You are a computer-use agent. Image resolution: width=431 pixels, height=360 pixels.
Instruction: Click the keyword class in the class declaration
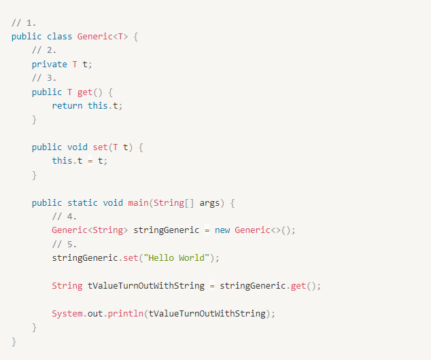[59, 36]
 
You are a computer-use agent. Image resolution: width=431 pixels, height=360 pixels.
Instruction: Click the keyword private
[49, 64]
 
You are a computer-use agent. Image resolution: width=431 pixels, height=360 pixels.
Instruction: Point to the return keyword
[67, 105]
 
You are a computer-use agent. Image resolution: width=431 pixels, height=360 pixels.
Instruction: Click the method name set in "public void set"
[100, 147]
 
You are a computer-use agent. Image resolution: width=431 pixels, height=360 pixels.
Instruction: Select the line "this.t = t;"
[80, 161]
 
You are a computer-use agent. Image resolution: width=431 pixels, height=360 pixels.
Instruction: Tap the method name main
[138, 202]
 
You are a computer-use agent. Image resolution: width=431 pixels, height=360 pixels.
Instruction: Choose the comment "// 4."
[65, 217]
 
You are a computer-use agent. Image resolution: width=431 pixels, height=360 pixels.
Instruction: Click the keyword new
[222, 230]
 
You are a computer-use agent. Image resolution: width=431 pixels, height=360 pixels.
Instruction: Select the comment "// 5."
[65, 244]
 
